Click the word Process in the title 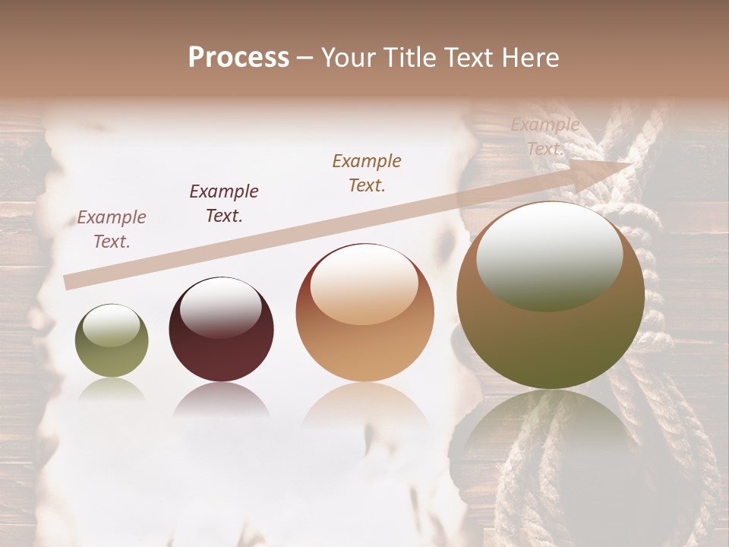pyautogui.click(x=238, y=58)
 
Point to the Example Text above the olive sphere pyautogui.click(x=112, y=229)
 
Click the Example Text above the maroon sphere pyautogui.click(x=224, y=203)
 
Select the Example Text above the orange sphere pyautogui.click(x=367, y=172)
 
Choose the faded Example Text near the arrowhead pyautogui.click(x=545, y=137)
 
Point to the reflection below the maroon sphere pyautogui.click(x=221, y=400)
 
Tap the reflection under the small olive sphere pyautogui.click(x=112, y=390)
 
